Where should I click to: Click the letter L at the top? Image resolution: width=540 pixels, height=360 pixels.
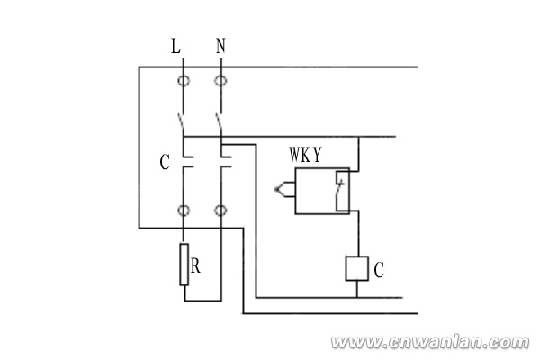click(175, 46)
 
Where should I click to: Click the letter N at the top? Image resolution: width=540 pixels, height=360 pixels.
click(220, 46)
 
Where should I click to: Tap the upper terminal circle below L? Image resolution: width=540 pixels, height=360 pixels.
click(184, 82)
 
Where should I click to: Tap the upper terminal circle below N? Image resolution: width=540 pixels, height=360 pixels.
click(220, 82)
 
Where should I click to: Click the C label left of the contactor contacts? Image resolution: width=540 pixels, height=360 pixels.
click(164, 164)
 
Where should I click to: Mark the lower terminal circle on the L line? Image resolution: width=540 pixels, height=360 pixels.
click(184, 211)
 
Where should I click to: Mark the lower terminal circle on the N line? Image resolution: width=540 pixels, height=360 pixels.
click(220, 211)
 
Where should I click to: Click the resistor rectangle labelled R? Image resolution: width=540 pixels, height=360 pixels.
click(184, 264)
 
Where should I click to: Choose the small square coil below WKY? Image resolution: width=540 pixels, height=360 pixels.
click(358, 268)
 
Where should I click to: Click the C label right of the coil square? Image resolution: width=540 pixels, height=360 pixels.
click(380, 268)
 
